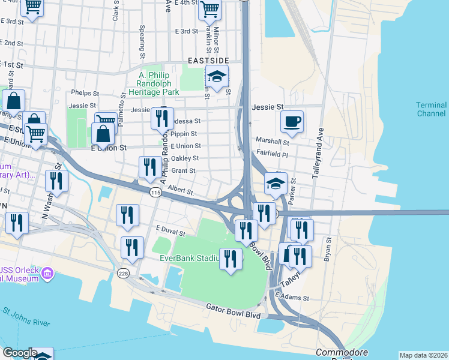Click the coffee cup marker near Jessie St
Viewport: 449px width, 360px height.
pos(292,122)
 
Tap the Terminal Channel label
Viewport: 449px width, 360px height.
pos(431,109)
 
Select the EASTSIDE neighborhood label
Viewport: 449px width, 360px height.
pos(208,61)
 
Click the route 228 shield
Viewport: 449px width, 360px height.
pos(123,274)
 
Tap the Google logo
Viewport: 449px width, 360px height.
pos(19,353)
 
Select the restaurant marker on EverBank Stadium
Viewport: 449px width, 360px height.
pos(230,259)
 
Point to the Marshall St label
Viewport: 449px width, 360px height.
pos(273,143)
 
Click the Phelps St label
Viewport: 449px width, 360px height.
pos(85,93)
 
